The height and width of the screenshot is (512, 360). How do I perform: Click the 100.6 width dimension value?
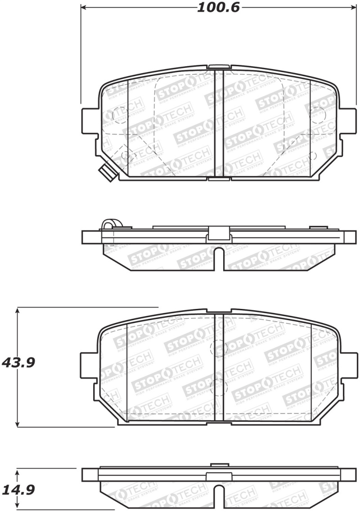[218, 7]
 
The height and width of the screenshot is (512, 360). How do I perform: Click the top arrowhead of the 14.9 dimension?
[18, 471]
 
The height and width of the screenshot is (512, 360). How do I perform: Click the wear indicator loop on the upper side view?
[108, 224]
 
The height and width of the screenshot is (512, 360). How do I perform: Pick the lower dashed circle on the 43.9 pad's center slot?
[219, 386]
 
